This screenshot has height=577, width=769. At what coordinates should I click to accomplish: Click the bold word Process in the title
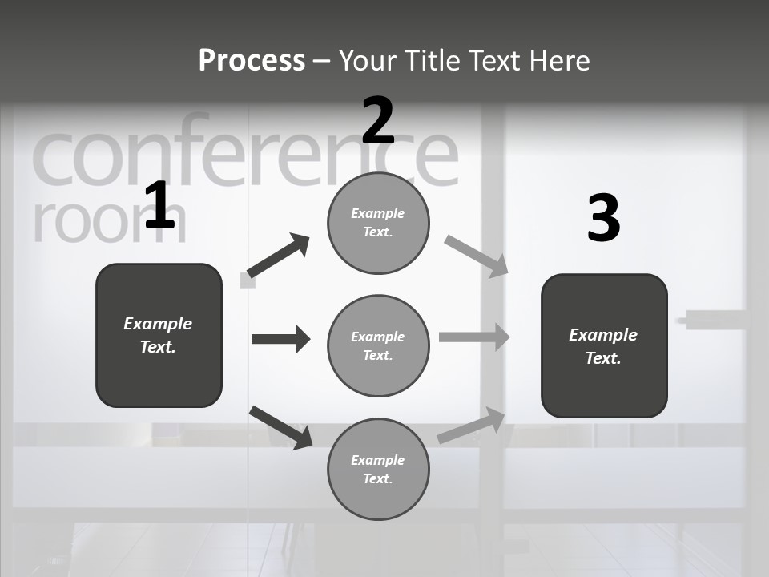pos(252,61)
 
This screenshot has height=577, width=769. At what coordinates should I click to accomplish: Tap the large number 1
pos(159,206)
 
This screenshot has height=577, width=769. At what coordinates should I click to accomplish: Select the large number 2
pos(378,121)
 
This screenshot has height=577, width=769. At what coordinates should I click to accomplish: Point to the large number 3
pos(603,219)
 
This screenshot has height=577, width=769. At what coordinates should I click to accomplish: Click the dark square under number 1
pos(159,335)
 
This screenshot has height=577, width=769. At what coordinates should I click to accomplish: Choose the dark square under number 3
pos(604,345)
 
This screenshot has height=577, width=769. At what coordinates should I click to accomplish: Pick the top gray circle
pos(378,223)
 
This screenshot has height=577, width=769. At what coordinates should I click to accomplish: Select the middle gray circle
pos(378,345)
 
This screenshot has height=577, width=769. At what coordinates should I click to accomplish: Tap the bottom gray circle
pos(378,469)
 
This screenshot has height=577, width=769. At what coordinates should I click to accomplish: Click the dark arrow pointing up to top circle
pos(279,256)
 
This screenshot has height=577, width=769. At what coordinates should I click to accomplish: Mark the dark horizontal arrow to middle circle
pos(280,339)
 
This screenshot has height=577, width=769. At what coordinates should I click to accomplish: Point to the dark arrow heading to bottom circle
pos(280,427)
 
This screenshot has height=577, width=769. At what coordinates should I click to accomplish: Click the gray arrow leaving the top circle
pos(477,256)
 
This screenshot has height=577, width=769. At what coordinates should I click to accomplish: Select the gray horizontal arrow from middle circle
pos(474,337)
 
